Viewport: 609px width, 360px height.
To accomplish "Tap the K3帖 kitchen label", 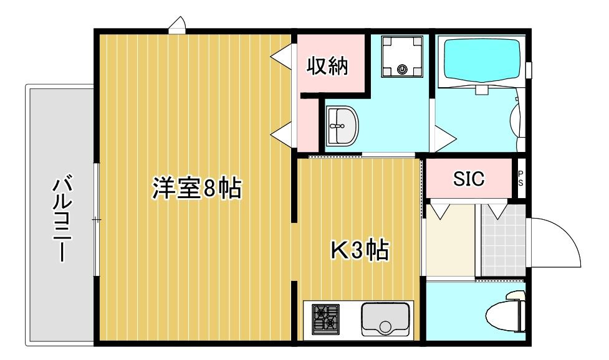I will (359, 251).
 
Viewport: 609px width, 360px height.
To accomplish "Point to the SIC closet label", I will (468, 179).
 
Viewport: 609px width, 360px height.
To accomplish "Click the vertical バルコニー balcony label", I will (60, 218).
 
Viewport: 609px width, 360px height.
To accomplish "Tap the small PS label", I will (521, 179).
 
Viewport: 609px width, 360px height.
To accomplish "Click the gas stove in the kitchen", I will (325, 319).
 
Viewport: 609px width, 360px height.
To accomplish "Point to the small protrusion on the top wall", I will (177, 25).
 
